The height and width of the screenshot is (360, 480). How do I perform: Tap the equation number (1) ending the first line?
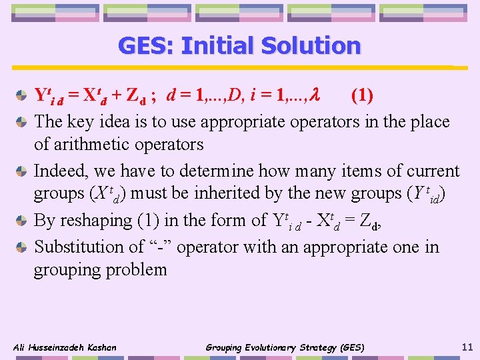click(x=362, y=96)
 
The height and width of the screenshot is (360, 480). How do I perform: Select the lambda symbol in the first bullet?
click(x=317, y=96)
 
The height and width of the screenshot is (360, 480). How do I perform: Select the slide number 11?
click(x=467, y=347)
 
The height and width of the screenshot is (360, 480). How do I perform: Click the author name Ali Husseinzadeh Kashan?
click(x=65, y=347)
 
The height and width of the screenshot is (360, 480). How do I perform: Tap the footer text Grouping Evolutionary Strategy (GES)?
click(x=285, y=347)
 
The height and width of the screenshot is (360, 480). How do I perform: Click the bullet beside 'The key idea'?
click(x=22, y=122)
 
